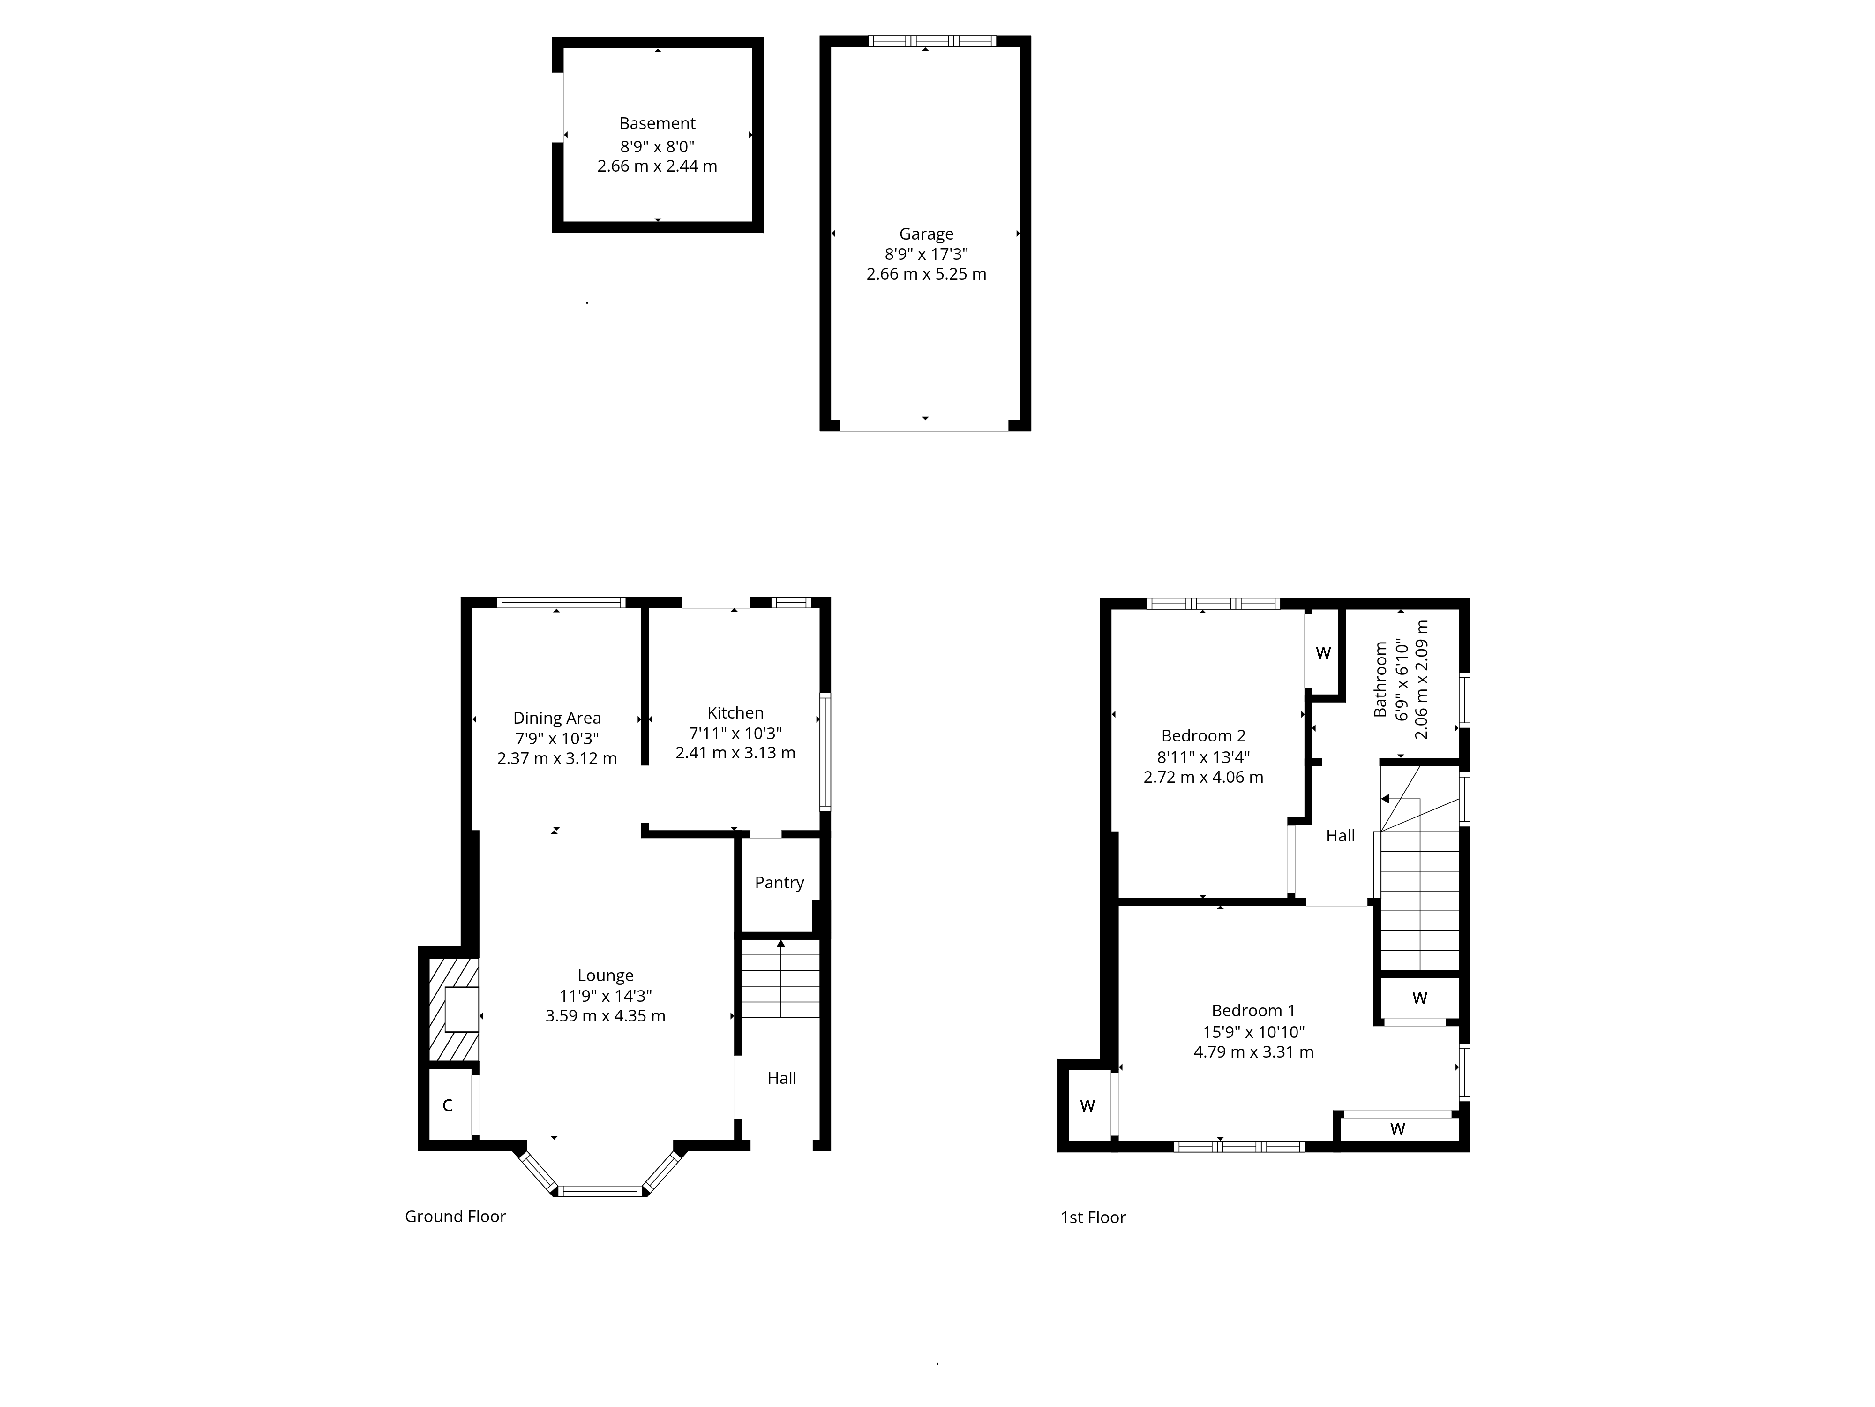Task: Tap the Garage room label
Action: [926, 234]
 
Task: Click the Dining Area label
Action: [557, 719]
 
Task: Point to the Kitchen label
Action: [735, 713]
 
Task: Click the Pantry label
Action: [779, 883]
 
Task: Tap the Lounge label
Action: [605, 976]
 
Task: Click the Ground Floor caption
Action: [455, 1217]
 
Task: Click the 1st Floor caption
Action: [1093, 1218]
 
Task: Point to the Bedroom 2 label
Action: [1203, 736]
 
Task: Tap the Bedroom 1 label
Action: [1253, 1011]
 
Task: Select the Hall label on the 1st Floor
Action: [1340, 836]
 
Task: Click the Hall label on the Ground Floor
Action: [781, 1079]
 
